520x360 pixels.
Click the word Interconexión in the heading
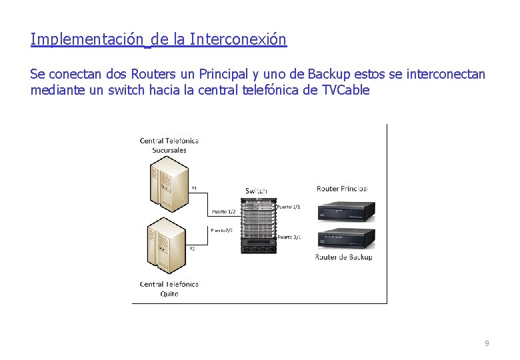click(238, 39)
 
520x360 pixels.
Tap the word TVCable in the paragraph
click(345, 90)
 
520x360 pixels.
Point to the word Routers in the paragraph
click(155, 73)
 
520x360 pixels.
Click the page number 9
click(487, 343)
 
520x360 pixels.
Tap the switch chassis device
click(257, 224)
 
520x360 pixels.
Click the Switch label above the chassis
click(257, 191)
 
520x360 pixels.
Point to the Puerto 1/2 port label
click(223, 212)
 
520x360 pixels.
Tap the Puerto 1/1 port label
click(289, 207)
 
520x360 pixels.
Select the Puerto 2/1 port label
click(289, 237)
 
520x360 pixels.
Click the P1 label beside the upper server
click(194, 188)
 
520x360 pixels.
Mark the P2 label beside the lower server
click(192, 249)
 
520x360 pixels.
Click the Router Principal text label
click(342, 189)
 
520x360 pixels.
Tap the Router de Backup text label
click(343, 257)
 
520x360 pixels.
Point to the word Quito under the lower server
click(169, 294)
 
